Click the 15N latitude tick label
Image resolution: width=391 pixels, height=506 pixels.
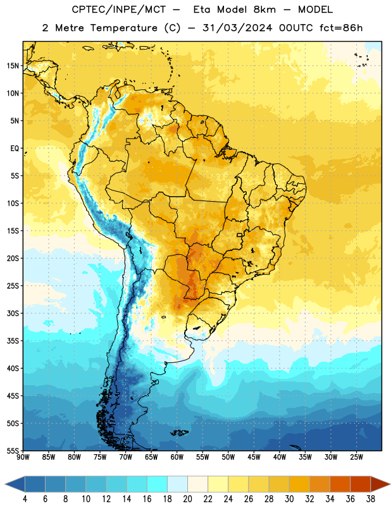(x=13, y=66)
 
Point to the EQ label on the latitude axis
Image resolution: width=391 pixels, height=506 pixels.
(x=15, y=149)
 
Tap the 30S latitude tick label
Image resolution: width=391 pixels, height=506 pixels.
(x=13, y=314)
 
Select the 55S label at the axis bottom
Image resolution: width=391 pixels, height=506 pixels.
(x=13, y=450)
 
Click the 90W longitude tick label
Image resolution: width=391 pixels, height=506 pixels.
(x=23, y=457)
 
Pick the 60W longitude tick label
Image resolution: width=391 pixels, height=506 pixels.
(x=177, y=457)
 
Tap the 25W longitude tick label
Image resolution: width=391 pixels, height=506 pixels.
(x=356, y=457)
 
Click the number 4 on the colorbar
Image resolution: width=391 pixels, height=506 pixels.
(x=25, y=499)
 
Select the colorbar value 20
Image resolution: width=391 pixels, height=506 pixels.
(x=187, y=499)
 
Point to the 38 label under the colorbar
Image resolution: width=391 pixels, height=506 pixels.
(x=371, y=499)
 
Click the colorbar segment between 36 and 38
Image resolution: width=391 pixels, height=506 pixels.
(x=361, y=484)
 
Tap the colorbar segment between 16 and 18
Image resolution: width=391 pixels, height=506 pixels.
(x=158, y=484)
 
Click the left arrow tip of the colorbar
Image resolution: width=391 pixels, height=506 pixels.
(x=5, y=484)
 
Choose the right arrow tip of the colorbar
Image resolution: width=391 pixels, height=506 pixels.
(x=390, y=484)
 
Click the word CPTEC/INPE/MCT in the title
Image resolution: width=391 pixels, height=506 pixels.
(x=118, y=9)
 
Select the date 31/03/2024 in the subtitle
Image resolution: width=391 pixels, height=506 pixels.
(x=237, y=28)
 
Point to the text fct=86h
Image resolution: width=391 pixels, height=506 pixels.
(x=341, y=28)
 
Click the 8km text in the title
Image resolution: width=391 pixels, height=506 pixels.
(x=264, y=9)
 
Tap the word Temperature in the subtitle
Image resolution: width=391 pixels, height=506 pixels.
(x=123, y=28)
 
